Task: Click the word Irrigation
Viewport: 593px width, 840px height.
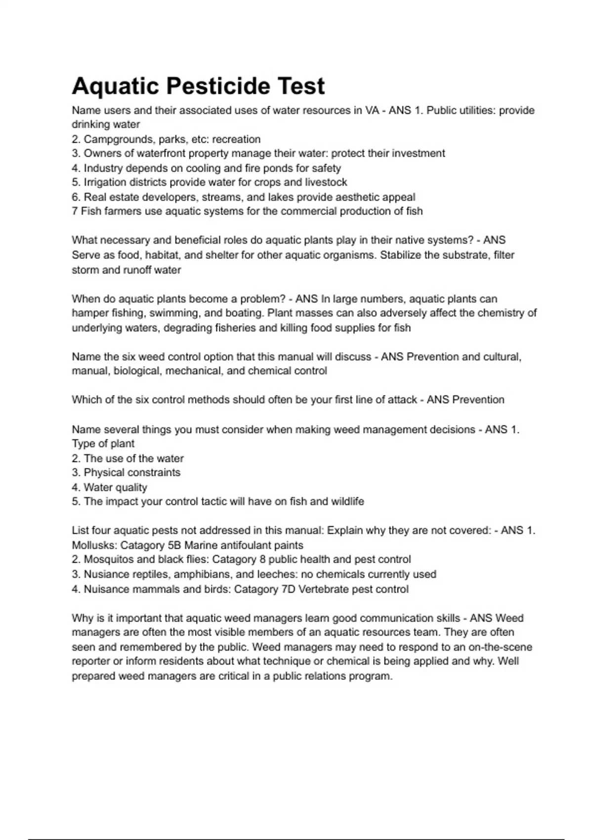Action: tap(106, 182)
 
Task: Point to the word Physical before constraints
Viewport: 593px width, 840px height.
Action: tap(104, 472)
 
